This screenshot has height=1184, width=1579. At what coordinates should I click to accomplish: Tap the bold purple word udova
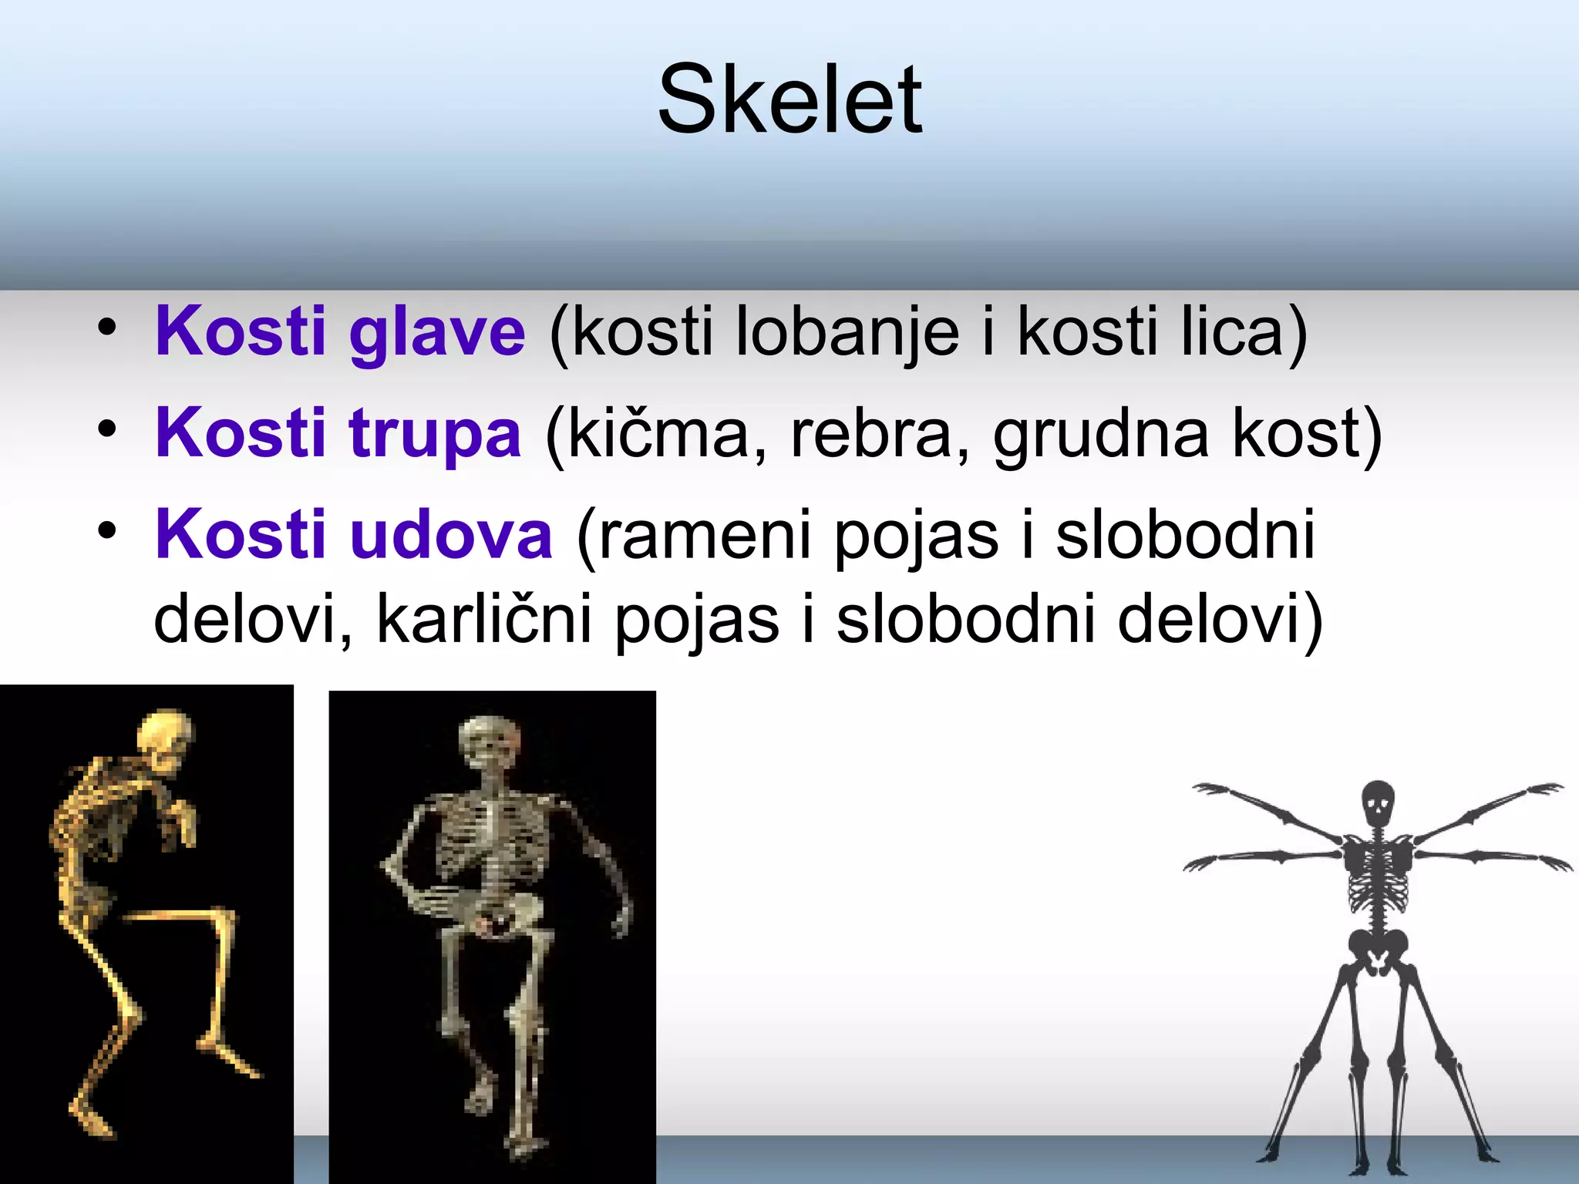click(x=452, y=536)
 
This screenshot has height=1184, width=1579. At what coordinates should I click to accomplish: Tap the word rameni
click(x=703, y=536)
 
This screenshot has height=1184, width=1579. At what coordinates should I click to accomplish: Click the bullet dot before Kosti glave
click(x=107, y=328)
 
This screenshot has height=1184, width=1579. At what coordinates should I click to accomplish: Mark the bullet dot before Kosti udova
click(x=107, y=530)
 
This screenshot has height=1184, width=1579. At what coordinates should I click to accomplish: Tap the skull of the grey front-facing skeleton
click(x=489, y=741)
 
